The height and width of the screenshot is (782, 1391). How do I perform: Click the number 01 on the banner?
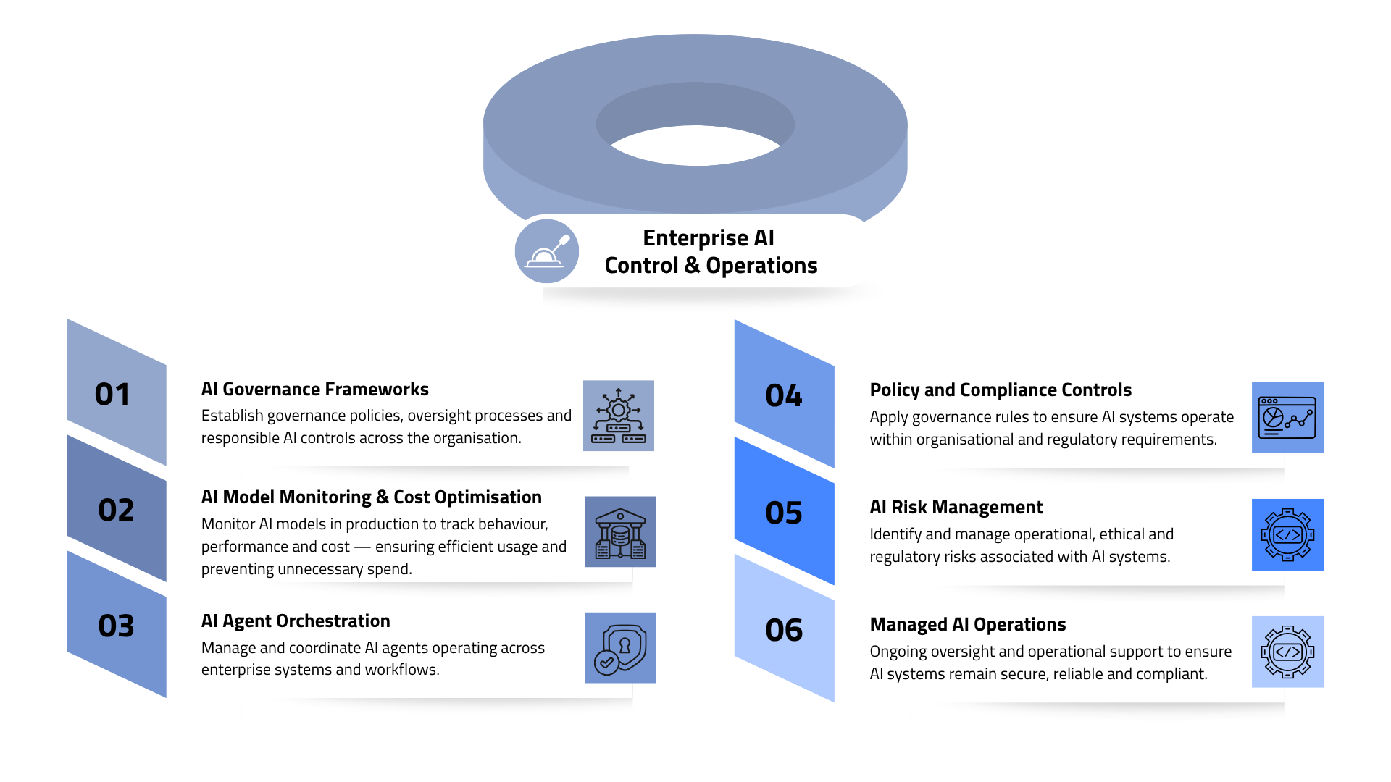pos(112,395)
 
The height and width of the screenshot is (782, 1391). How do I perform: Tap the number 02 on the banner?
pos(116,510)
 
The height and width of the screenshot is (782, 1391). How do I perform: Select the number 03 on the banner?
pos(116,626)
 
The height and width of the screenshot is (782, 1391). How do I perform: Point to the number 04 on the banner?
pos(784,396)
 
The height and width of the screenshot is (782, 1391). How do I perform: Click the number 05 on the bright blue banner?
pos(784,513)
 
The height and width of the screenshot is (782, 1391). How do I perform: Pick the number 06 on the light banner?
pos(784,631)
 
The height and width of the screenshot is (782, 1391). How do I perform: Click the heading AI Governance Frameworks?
pos(314,390)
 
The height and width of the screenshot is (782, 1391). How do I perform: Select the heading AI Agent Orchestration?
pos(296,621)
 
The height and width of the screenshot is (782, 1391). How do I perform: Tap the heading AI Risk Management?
pos(956,508)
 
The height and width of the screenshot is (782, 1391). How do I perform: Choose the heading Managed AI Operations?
pos(967,625)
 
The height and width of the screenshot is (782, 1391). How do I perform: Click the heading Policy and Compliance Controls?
pos(1000,390)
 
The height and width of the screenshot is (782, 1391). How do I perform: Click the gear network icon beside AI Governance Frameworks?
pos(619,416)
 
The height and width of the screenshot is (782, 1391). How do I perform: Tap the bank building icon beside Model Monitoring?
pos(620,531)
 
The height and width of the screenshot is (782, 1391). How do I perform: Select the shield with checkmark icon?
pos(620,648)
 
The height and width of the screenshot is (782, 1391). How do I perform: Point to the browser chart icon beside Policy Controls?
pos(1287,418)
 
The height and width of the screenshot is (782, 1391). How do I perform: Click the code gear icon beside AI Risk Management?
pos(1287,535)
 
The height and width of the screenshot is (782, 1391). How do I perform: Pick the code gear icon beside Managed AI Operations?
pos(1287,652)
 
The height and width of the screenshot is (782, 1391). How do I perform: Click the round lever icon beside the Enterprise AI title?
pos(547,251)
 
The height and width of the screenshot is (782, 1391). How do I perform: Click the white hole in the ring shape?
pos(695,147)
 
